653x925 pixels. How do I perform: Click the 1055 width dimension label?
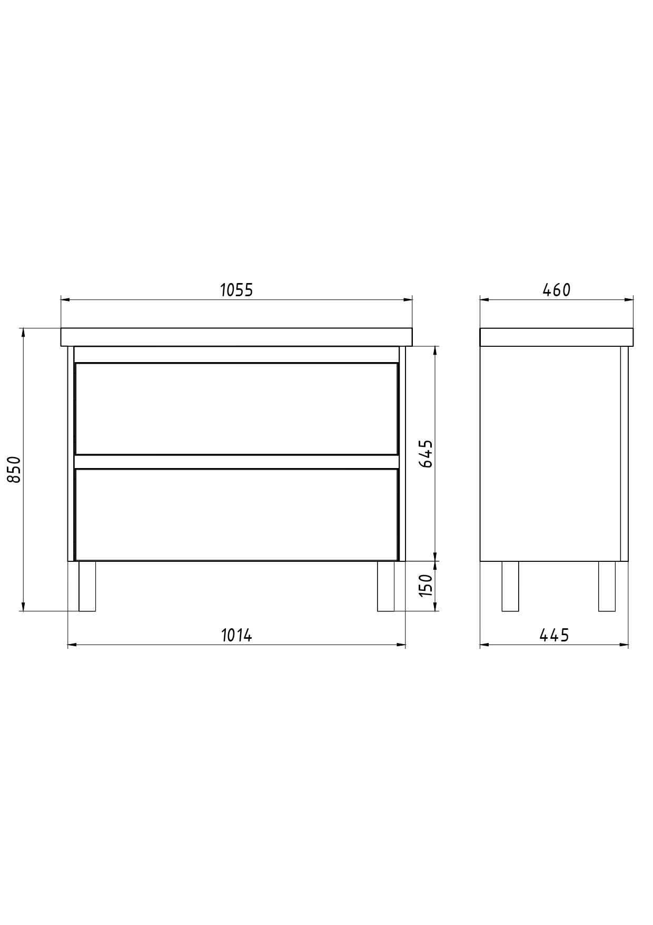[236, 290]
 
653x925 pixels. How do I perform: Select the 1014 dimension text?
[236, 635]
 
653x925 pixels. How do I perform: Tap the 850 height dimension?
[14, 470]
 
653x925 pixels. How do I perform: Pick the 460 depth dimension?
[556, 290]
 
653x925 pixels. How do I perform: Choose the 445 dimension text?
[554, 635]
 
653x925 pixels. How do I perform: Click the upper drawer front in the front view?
[236, 408]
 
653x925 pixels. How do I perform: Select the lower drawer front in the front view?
[236, 514]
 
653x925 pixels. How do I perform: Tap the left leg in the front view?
[87, 586]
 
